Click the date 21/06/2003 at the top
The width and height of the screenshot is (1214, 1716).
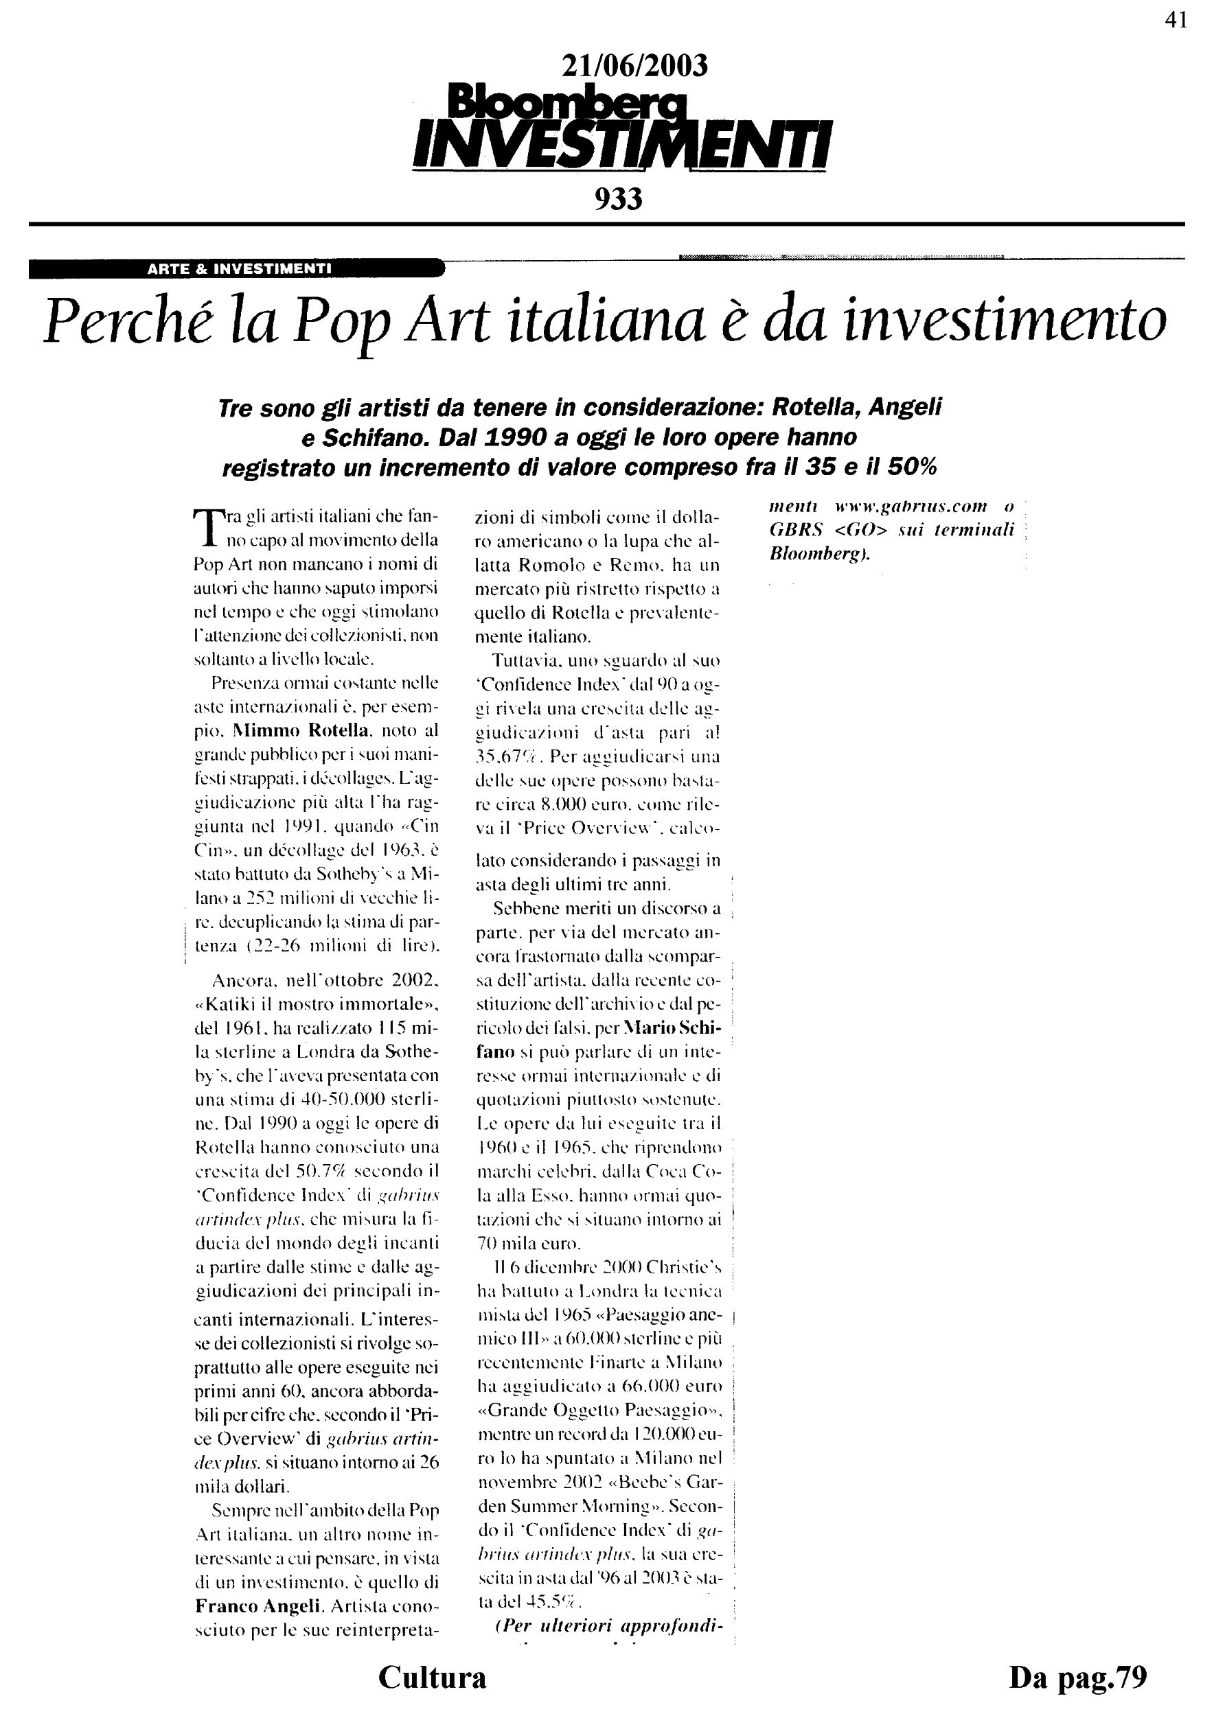tap(634, 67)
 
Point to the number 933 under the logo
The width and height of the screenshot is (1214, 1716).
tap(618, 199)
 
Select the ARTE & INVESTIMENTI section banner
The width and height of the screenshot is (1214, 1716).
tap(238, 268)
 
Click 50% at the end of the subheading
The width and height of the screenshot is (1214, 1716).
tap(911, 467)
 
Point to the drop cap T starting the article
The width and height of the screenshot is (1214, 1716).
tap(203, 528)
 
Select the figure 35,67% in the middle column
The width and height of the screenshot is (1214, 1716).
tap(507, 756)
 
